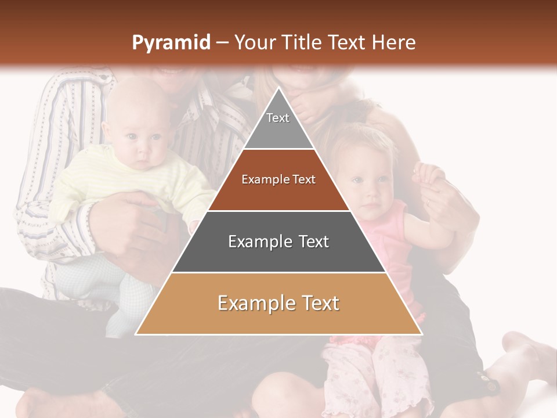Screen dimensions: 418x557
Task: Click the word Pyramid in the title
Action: pos(171,42)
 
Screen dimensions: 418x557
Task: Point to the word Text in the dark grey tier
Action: pos(309,242)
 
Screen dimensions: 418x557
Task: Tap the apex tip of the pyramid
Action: pos(279,88)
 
